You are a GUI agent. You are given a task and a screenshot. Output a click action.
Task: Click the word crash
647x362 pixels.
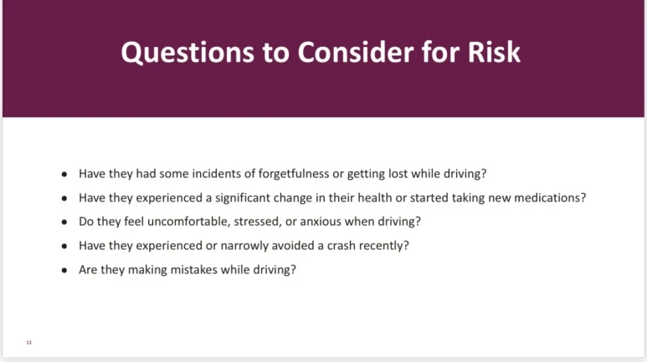[341, 246]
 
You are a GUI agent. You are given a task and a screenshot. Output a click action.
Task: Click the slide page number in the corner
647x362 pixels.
[28, 343]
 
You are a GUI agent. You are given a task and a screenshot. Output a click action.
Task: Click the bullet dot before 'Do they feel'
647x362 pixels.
[64, 222]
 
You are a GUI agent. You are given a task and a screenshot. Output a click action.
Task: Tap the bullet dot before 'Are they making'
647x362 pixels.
[64, 271]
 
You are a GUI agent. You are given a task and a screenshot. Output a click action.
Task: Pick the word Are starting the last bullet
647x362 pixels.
[88, 270]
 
